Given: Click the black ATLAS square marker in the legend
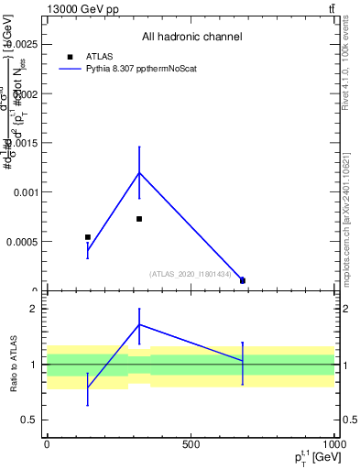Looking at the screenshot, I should click(70, 56).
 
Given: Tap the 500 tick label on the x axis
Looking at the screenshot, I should click(191, 444).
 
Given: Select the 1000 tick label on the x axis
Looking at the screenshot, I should click(333, 444).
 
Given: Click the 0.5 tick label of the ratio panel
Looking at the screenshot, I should click(30, 420).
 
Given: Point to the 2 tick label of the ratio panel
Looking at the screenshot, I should click(34, 309).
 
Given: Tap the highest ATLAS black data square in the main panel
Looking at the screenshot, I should click(139, 219).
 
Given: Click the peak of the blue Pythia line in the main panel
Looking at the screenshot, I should click(139, 172).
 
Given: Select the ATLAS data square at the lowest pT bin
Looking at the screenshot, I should click(88, 237).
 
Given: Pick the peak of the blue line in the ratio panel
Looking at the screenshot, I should click(139, 324).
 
